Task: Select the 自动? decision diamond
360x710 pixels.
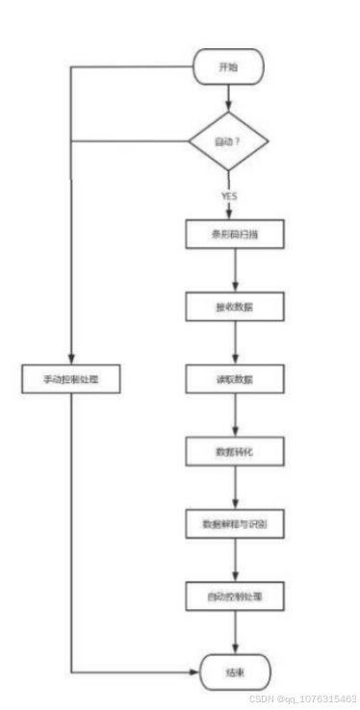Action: pos(228,142)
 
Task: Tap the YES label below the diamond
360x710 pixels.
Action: pos(229,195)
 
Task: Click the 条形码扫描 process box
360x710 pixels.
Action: pos(235,235)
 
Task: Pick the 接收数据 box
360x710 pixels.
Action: pos(235,307)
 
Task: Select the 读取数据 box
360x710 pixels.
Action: pos(235,378)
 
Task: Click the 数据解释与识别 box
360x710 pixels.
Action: pos(235,524)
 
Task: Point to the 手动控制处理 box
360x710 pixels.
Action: pos(72,378)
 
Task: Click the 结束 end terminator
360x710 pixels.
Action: pos(235,670)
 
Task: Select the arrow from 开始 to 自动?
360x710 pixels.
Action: pos(228,97)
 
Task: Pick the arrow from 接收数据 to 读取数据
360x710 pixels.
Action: pos(235,342)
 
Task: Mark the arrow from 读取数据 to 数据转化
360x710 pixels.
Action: pos(235,415)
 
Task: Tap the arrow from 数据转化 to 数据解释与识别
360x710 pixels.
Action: pos(235,488)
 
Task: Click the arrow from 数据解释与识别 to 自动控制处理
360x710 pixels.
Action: pos(235,561)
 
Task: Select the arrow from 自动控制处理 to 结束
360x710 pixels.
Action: pos(235,633)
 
